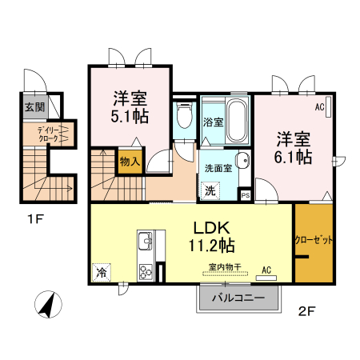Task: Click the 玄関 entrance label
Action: click(34, 106)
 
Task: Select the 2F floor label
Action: click(307, 310)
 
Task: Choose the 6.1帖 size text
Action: click(294, 157)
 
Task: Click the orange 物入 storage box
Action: click(130, 161)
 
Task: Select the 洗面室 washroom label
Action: click(218, 169)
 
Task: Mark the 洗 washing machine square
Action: click(210, 190)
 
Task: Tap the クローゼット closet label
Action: click(314, 239)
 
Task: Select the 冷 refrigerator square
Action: click(102, 272)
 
